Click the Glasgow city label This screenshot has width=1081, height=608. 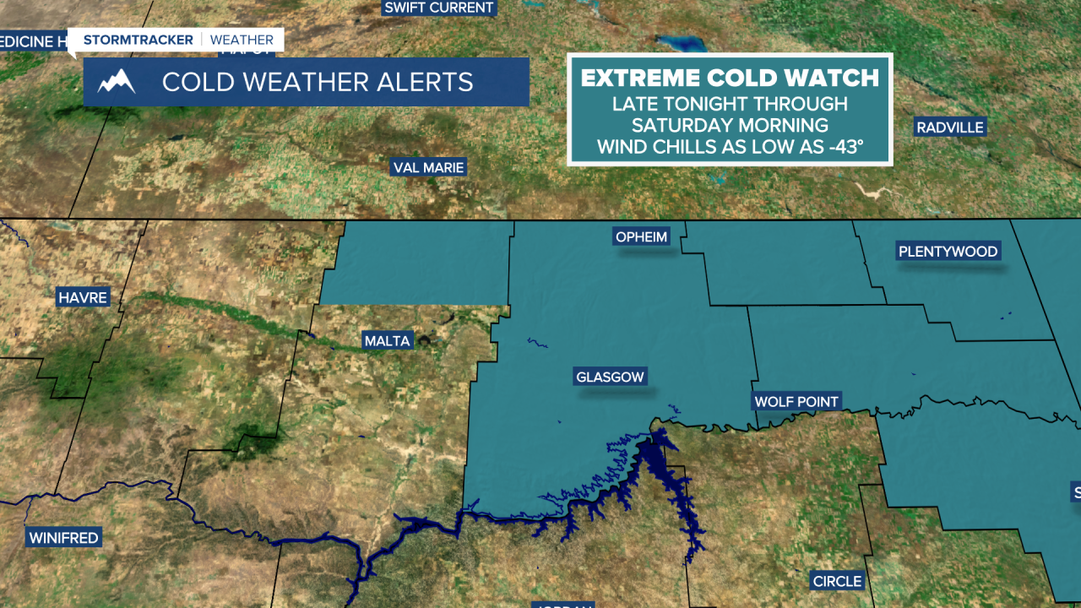(x=610, y=377)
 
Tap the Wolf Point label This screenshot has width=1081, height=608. (x=796, y=401)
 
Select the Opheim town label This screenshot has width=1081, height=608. (x=642, y=236)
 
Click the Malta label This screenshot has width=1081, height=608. (x=387, y=341)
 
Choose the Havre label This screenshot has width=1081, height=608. (x=83, y=297)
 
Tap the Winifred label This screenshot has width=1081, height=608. (x=63, y=537)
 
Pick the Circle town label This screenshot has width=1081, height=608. (x=837, y=581)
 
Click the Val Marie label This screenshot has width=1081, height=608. (x=429, y=167)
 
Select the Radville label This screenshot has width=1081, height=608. (x=950, y=128)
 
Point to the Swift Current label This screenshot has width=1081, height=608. (x=438, y=8)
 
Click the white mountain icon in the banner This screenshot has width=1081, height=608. (x=117, y=82)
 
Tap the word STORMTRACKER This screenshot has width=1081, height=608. (x=139, y=40)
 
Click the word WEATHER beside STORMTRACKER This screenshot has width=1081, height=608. (x=242, y=40)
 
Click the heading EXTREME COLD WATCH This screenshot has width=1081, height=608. (x=730, y=79)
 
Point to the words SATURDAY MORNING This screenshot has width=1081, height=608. (x=730, y=125)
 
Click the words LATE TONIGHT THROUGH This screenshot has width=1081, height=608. (x=730, y=104)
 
